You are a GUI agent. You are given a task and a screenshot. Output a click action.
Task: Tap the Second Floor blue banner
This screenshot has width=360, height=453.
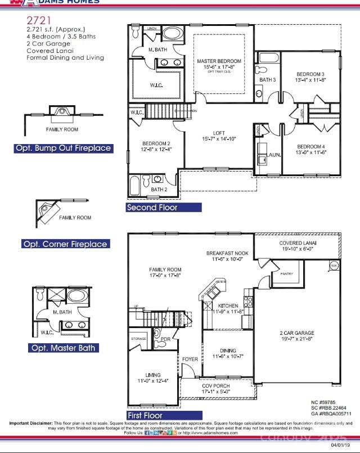pos(164,208)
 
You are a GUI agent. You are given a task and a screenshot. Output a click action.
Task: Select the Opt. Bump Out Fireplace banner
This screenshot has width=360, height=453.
pos(63,149)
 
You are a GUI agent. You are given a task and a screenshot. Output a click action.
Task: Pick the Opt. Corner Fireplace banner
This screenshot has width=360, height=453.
pos(65,244)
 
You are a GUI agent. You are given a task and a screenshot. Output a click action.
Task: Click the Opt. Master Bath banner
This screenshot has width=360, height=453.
pos(63,348)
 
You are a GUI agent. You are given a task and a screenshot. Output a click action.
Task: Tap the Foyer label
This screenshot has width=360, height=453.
pos(190,359)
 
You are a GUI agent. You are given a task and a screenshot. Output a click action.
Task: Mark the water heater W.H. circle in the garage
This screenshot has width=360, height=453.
pos(334,265)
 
